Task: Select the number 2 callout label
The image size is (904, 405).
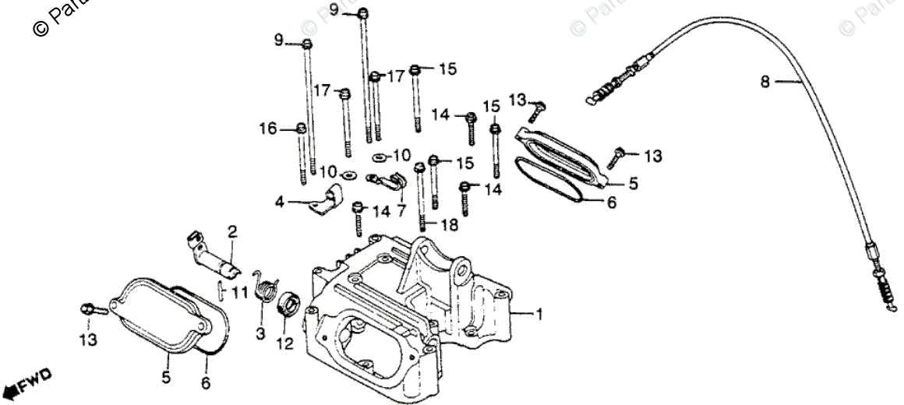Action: pyautogui.click(x=231, y=231)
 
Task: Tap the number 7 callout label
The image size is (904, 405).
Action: pyautogui.click(x=401, y=210)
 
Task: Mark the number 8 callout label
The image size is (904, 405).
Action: pyautogui.click(x=765, y=81)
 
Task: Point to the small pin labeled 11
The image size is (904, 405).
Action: pyautogui.click(x=222, y=291)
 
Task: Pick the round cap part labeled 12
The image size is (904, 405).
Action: pyautogui.click(x=285, y=301)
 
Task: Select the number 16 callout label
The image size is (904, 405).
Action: pyautogui.click(x=268, y=129)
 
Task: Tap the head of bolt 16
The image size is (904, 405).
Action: pyautogui.click(x=300, y=129)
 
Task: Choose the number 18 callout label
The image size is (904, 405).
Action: pyautogui.click(x=450, y=225)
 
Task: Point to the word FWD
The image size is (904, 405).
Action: pyautogui.click(x=36, y=381)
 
